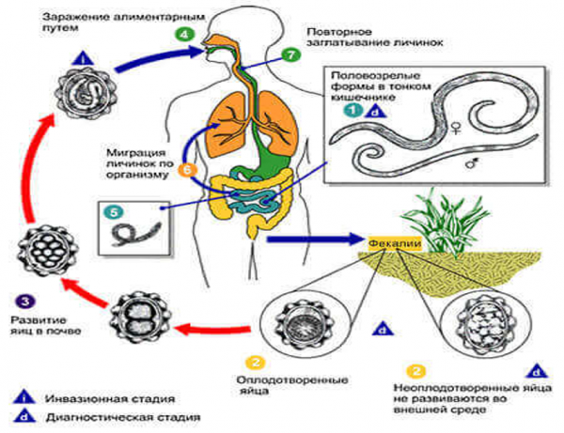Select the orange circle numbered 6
(x=186, y=169)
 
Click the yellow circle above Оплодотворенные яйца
(x=251, y=361)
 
